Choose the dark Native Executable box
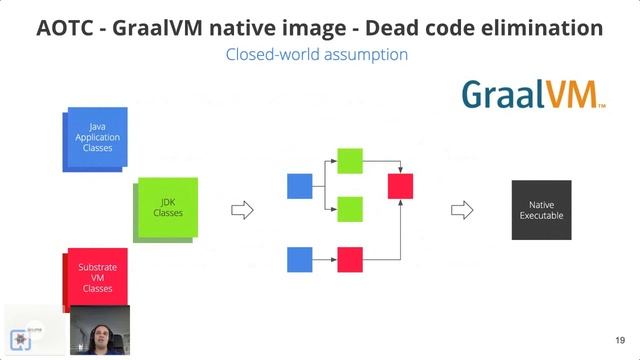[x=541, y=209]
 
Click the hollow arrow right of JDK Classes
[x=242, y=210]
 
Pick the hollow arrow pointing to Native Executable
[x=461, y=210]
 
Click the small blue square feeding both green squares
[x=300, y=185]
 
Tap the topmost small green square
[x=350, y=160]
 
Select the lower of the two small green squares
[x=350, y=209]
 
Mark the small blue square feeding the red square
[x=300, y=259]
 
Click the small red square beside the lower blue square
[x=350, y=259]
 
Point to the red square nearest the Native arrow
[x=400, y=185]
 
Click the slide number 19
[x=620, y=340]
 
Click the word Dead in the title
[x=369, y=27]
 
